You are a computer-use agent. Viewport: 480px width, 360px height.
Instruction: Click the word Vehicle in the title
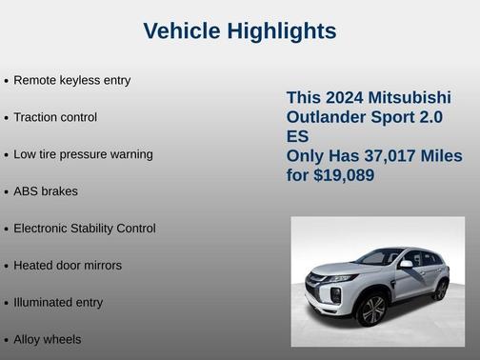(x=181, y=31)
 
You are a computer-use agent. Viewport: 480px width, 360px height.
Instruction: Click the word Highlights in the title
(x=280, y=31)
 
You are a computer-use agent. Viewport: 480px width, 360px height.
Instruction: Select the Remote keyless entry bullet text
(x=71, y=80)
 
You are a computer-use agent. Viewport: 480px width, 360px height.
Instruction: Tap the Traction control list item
(x=55, y=117)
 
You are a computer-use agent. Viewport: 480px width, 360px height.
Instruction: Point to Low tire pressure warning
(x=83, y=154)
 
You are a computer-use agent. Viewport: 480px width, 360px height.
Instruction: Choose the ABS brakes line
(x=46, y=191)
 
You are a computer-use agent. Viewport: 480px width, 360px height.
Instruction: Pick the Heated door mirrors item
(x=68, y=266)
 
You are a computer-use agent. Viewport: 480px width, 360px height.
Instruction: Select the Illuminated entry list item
(x=58, y=303)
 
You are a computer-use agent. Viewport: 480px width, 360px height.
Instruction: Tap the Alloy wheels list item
(x=48, y=340)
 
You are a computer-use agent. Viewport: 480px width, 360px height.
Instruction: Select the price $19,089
(x=344, y=176)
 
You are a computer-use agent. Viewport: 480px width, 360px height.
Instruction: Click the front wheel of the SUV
(x=372, y=310)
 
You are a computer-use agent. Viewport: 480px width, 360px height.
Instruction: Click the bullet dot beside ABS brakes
(x=6, y=192)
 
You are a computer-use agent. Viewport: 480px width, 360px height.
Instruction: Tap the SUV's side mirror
(x=406, y=265)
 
